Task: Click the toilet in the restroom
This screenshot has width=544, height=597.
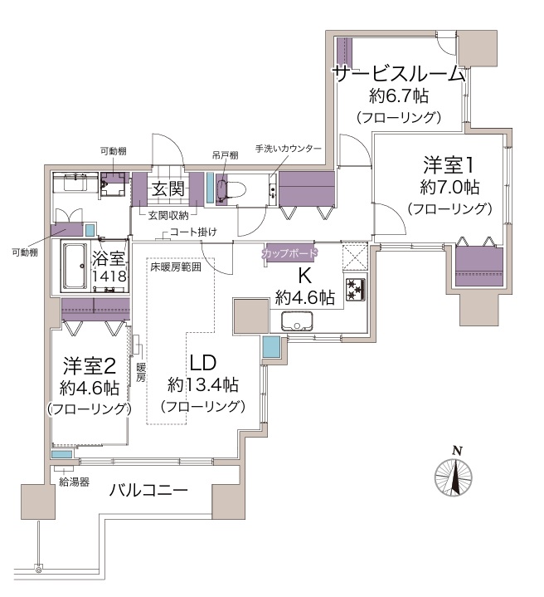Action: (x=231, y=189)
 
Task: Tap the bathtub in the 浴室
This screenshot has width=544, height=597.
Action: (x=75, y=267)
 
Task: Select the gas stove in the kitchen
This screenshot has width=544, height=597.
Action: (x=356, y=289)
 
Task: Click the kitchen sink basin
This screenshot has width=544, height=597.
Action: (x=297, y=321)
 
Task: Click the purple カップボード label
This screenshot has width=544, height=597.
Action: (x=290, y=253)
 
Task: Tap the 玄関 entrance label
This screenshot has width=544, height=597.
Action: (x=168, y=188)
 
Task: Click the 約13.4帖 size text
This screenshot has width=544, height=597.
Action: (x=203, y=385)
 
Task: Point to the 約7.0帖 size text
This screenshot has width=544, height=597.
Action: (x=449, y=187)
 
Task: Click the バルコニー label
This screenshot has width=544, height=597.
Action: (x=148, y=490)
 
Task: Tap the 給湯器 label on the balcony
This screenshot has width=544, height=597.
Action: (x=74, y=482)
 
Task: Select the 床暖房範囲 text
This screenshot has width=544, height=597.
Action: (x=176, y=267)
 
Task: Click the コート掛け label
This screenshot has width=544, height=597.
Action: (x=193, y=232)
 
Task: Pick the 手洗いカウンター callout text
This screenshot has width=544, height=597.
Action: (x=288, y=149)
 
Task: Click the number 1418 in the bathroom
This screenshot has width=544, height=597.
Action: (x=109, y=276)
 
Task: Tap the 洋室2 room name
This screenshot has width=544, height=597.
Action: (x=90, y=365)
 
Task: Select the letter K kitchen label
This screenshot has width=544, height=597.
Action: (x=304, y=276)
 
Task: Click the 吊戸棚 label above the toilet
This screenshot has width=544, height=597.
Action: (x=225, y=155)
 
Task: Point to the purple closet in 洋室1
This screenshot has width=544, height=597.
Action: (x=479, y=267)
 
